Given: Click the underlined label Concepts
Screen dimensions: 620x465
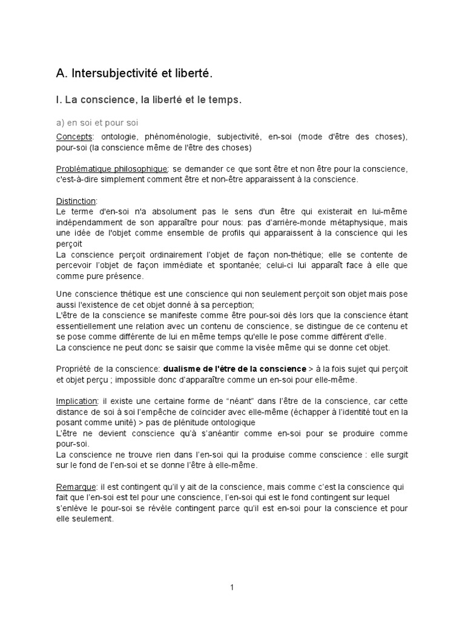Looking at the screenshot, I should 74,137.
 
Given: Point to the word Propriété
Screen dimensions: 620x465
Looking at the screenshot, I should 74,369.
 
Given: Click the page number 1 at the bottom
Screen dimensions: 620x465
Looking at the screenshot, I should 232,587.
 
